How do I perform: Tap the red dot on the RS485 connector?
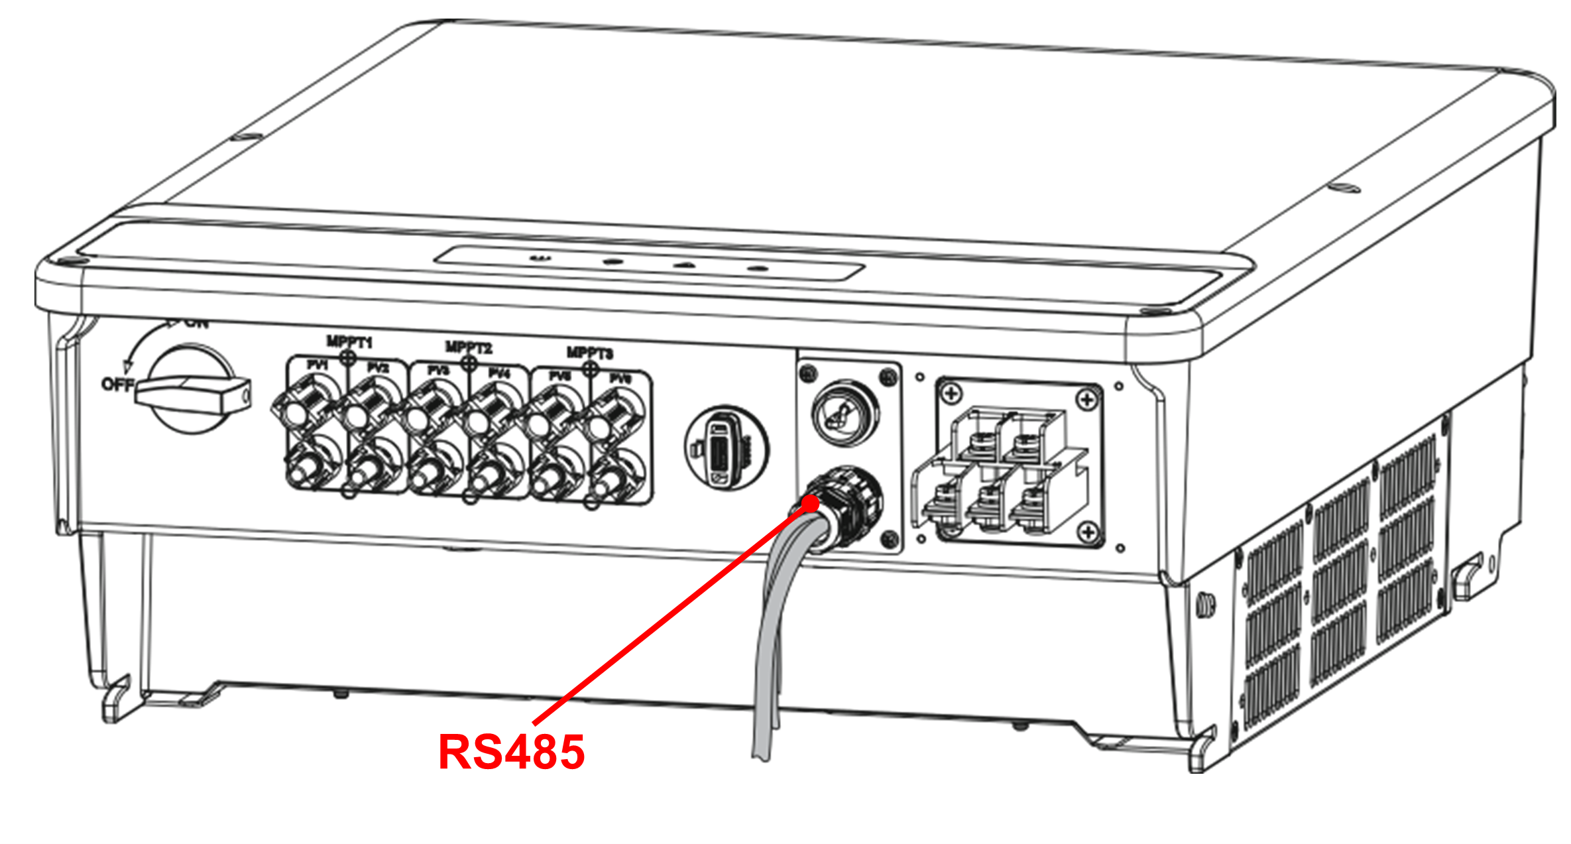[x=810, y=504]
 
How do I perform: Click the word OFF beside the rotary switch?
[x=117, y=385]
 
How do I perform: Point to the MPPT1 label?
[x=349, y=342]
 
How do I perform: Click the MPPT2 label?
[x=469, y=347]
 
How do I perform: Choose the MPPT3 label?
[x=589, y=353]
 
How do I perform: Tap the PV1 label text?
[x=318, y=365]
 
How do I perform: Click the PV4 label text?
[x=499, y=374]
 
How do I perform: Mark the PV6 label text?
[x=620, y=379]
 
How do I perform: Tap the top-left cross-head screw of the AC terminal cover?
[x=951, y=393]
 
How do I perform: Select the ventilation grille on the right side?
[x=1339, y=583]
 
